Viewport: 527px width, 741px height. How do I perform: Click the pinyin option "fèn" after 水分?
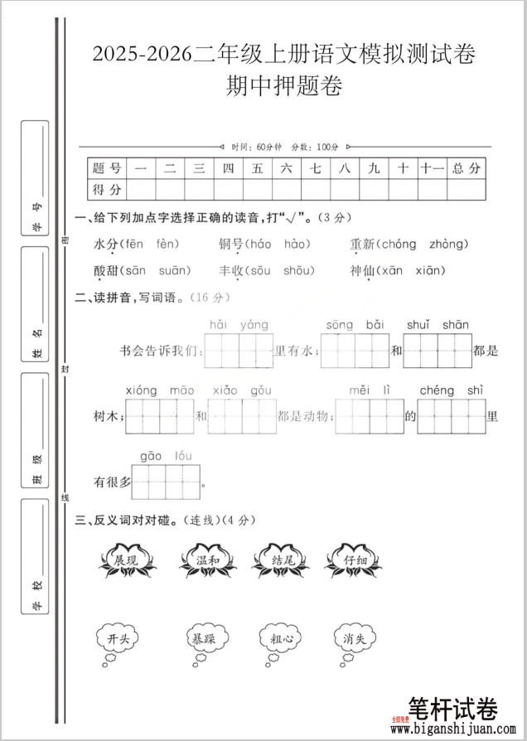[x=167, y=244]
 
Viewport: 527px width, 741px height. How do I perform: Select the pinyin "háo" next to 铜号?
[x=259, y=244]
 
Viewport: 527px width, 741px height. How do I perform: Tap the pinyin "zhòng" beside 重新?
[x=449, y=244]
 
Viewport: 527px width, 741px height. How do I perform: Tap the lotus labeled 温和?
[x=206, y=561]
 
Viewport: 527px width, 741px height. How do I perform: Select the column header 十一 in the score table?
[x=432, y=168]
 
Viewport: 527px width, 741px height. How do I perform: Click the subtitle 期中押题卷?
[x=284, y=86]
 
